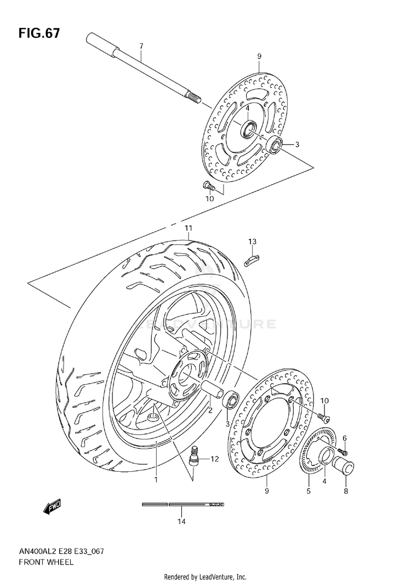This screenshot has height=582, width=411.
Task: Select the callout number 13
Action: [x=252, y=242]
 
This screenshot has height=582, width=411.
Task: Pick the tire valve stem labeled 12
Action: [x=194, y=457]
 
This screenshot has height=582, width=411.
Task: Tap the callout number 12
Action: [x=214, y=459]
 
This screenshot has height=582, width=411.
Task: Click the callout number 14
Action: [x=181, y=521]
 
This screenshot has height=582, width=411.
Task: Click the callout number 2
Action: [x=210, y=409]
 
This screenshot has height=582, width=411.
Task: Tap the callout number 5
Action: [x=309, y=491]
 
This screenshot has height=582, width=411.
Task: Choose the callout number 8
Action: [x=346, y=491]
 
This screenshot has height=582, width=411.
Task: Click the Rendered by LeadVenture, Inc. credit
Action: [x=205, y=577]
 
